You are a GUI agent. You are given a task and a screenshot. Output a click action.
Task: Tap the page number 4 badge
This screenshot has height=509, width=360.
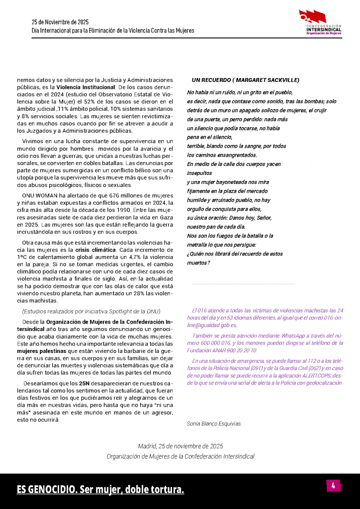[333, 486]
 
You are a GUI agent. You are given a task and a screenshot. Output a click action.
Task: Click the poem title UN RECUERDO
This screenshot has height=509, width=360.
[246, 80]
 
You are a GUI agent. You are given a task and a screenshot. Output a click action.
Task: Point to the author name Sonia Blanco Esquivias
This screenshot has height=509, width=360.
[214, 424]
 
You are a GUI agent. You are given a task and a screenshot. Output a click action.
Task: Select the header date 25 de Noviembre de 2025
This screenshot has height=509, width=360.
[60, 22]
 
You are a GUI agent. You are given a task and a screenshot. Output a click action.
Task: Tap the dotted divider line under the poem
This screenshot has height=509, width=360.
[243, 284]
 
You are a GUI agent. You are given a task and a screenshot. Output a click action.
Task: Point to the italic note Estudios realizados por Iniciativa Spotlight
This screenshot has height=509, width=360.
[91, 311]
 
